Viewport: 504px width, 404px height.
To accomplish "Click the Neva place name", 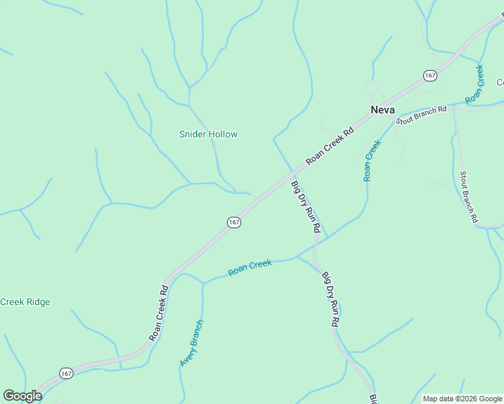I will point(382,109).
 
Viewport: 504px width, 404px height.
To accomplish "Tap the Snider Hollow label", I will point(208,134).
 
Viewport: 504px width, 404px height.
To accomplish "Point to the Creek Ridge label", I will point(25,302).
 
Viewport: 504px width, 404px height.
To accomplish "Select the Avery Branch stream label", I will point(191,343).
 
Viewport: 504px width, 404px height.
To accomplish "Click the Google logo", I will point(22,396).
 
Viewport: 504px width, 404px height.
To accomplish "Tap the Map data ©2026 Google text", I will point(462,399).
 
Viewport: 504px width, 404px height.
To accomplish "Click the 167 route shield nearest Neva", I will point(430,75).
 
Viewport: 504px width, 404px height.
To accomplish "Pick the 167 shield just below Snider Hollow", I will point(234,222).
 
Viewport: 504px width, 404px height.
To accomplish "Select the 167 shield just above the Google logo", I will point(65,373).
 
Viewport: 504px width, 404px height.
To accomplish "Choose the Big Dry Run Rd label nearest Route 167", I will point(305,206).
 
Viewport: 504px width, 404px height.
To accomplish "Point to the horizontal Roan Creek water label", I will point(249,267).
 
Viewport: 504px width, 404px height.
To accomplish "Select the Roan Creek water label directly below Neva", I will point(372,160).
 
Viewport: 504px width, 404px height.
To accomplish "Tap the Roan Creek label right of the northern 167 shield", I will point(474,84).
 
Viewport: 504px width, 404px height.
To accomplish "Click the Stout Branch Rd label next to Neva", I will point(422,115).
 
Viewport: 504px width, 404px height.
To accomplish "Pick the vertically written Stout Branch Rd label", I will point(468,197).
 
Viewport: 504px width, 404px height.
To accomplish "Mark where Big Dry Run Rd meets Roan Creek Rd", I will point(292,174).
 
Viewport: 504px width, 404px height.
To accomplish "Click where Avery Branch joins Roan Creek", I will point(203,283).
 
